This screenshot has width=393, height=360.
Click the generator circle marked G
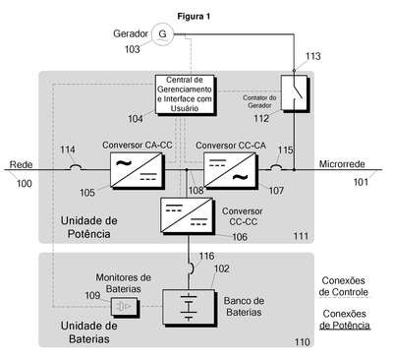pos(162,34)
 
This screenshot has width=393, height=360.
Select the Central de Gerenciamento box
pos(186,95)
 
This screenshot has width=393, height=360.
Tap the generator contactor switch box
pos(295,93)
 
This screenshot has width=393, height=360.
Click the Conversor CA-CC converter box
pos(138,170)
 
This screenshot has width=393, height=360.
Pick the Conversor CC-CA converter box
pos(231,170)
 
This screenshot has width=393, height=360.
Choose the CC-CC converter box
pos(188,215)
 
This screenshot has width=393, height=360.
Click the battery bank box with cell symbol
pos(190,308)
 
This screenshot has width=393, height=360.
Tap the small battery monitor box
pos(125,307)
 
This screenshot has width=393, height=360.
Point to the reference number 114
pos(68,150)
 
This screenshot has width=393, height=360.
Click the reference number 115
pos(285,150)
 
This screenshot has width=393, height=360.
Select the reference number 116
pos(206,256)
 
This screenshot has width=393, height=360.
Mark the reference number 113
pos(313,56)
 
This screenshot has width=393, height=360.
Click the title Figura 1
pos(194,17)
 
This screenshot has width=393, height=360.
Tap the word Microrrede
pos(342,164)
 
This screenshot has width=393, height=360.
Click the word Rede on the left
pos(21,164)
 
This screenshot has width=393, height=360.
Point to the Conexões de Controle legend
pos(344,286)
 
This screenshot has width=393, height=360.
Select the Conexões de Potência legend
pos(345,320)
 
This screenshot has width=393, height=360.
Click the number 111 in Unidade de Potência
pos(301,236)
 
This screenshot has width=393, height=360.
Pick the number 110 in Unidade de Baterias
pos(302,342)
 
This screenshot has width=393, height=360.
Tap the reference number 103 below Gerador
pos(132,49)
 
